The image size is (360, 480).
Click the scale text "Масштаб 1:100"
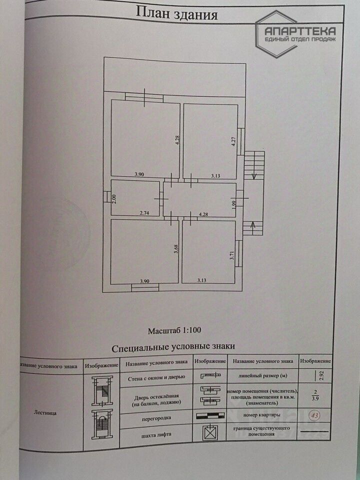click(174, 330)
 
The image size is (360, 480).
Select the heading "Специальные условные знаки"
click(173, 346)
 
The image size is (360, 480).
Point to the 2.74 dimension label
click(145, 212)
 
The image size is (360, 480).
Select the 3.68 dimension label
click(176, 248)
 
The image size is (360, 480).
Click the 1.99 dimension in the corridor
click(233, 203)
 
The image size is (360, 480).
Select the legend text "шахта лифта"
click(156, 434)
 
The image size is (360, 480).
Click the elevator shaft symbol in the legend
click(210, 432)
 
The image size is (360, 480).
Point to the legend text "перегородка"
click(156, 416)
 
